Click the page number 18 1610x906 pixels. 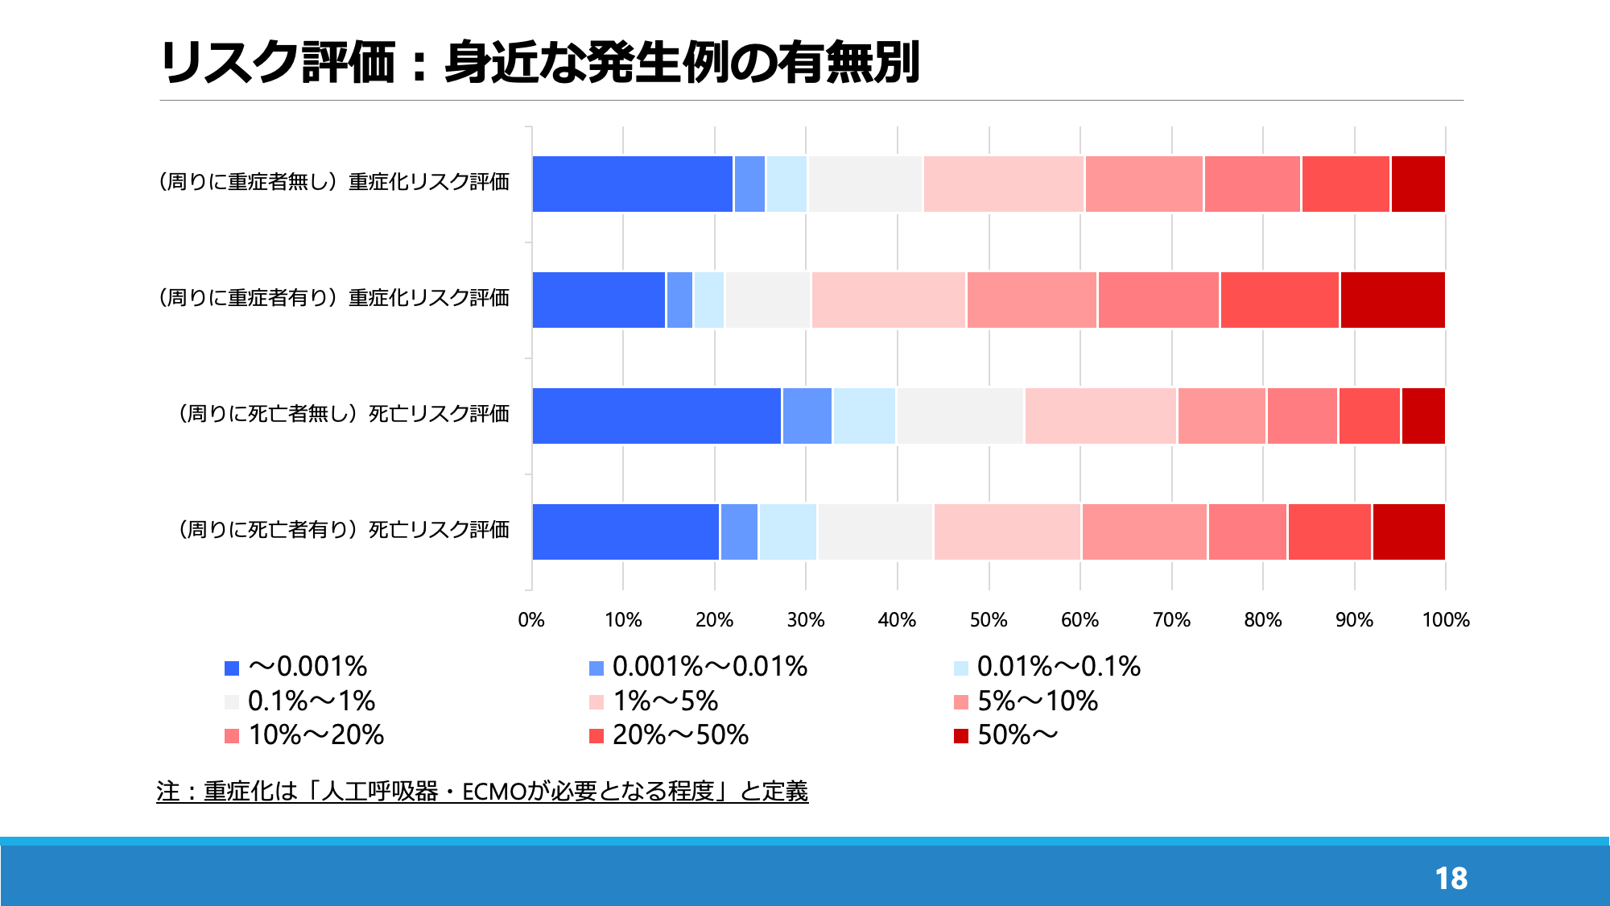click(x=1451, y=879)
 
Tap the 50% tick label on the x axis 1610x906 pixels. click(x=989, y=620)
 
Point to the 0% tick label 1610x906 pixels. click(x=531, y=620)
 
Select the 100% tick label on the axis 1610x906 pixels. click(x=1446, y=620)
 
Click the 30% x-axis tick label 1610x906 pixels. click(x=806, y=620)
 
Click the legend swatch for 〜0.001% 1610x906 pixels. click(x=232, y=668)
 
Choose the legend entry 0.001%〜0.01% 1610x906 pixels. click(x=698, y=667)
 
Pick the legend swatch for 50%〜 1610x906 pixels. click(x=960, y=736)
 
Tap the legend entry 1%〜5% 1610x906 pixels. click(x=654, y=701)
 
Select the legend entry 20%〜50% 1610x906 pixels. click(x=669, y=735)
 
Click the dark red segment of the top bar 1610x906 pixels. click(x=1418, y=184)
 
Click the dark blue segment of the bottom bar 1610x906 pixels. click(x=625, y=532)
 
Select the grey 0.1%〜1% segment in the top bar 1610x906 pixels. click(x=865, y=184)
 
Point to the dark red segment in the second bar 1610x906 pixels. click(x=1393, y=300)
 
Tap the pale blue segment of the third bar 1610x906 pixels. click(x=865, y=416)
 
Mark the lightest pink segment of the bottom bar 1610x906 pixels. click(x=1008, y=532)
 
